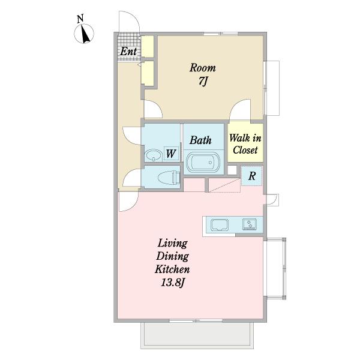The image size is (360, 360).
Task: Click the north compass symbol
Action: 84,34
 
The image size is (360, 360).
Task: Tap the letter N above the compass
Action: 80,19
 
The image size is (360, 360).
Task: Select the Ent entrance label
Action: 128,51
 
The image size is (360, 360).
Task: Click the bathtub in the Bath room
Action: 203,162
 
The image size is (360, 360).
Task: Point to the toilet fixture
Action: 169,177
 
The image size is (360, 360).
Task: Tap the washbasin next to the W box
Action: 153,155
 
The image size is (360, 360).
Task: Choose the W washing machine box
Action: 171,154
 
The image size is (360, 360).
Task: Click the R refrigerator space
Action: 251,176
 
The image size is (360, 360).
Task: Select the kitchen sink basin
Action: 220,225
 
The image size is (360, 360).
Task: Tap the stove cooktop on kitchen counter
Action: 250,224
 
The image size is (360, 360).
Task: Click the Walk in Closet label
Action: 245,144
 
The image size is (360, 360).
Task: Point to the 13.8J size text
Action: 173,283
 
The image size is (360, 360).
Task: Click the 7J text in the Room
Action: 203,81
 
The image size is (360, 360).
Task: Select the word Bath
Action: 200,140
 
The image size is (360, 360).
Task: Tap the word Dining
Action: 172,256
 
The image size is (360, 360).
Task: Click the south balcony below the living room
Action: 197,335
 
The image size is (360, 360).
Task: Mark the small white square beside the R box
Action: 232,170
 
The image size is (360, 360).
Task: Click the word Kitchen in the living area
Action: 172,269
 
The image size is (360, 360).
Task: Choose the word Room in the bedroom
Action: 203,68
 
